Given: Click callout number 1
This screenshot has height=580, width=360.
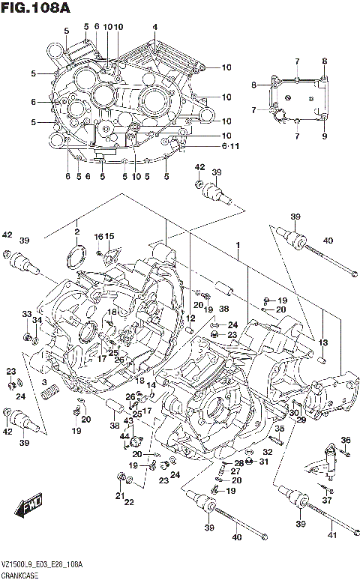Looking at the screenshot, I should point(238,245).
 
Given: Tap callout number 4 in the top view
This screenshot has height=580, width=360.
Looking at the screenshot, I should point(154,28).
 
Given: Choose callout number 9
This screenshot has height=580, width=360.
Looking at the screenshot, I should point(325,136).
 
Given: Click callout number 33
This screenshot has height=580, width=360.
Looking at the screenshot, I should point(25,314).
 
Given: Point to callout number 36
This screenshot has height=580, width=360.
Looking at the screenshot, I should point(345,439).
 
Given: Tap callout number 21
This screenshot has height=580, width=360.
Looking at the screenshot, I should point(118,496).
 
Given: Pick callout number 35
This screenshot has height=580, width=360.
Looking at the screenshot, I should point(278,429).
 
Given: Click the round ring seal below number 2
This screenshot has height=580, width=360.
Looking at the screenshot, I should point(73,257).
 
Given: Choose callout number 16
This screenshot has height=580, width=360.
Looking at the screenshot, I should point(98,237).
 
